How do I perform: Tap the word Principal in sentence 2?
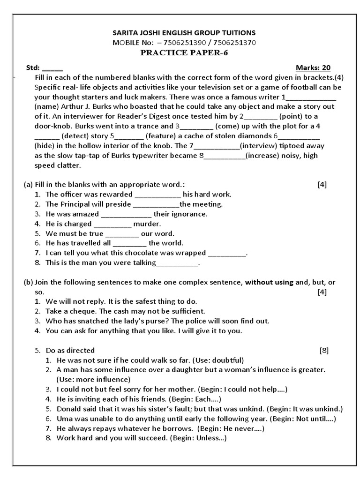point(75,204)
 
